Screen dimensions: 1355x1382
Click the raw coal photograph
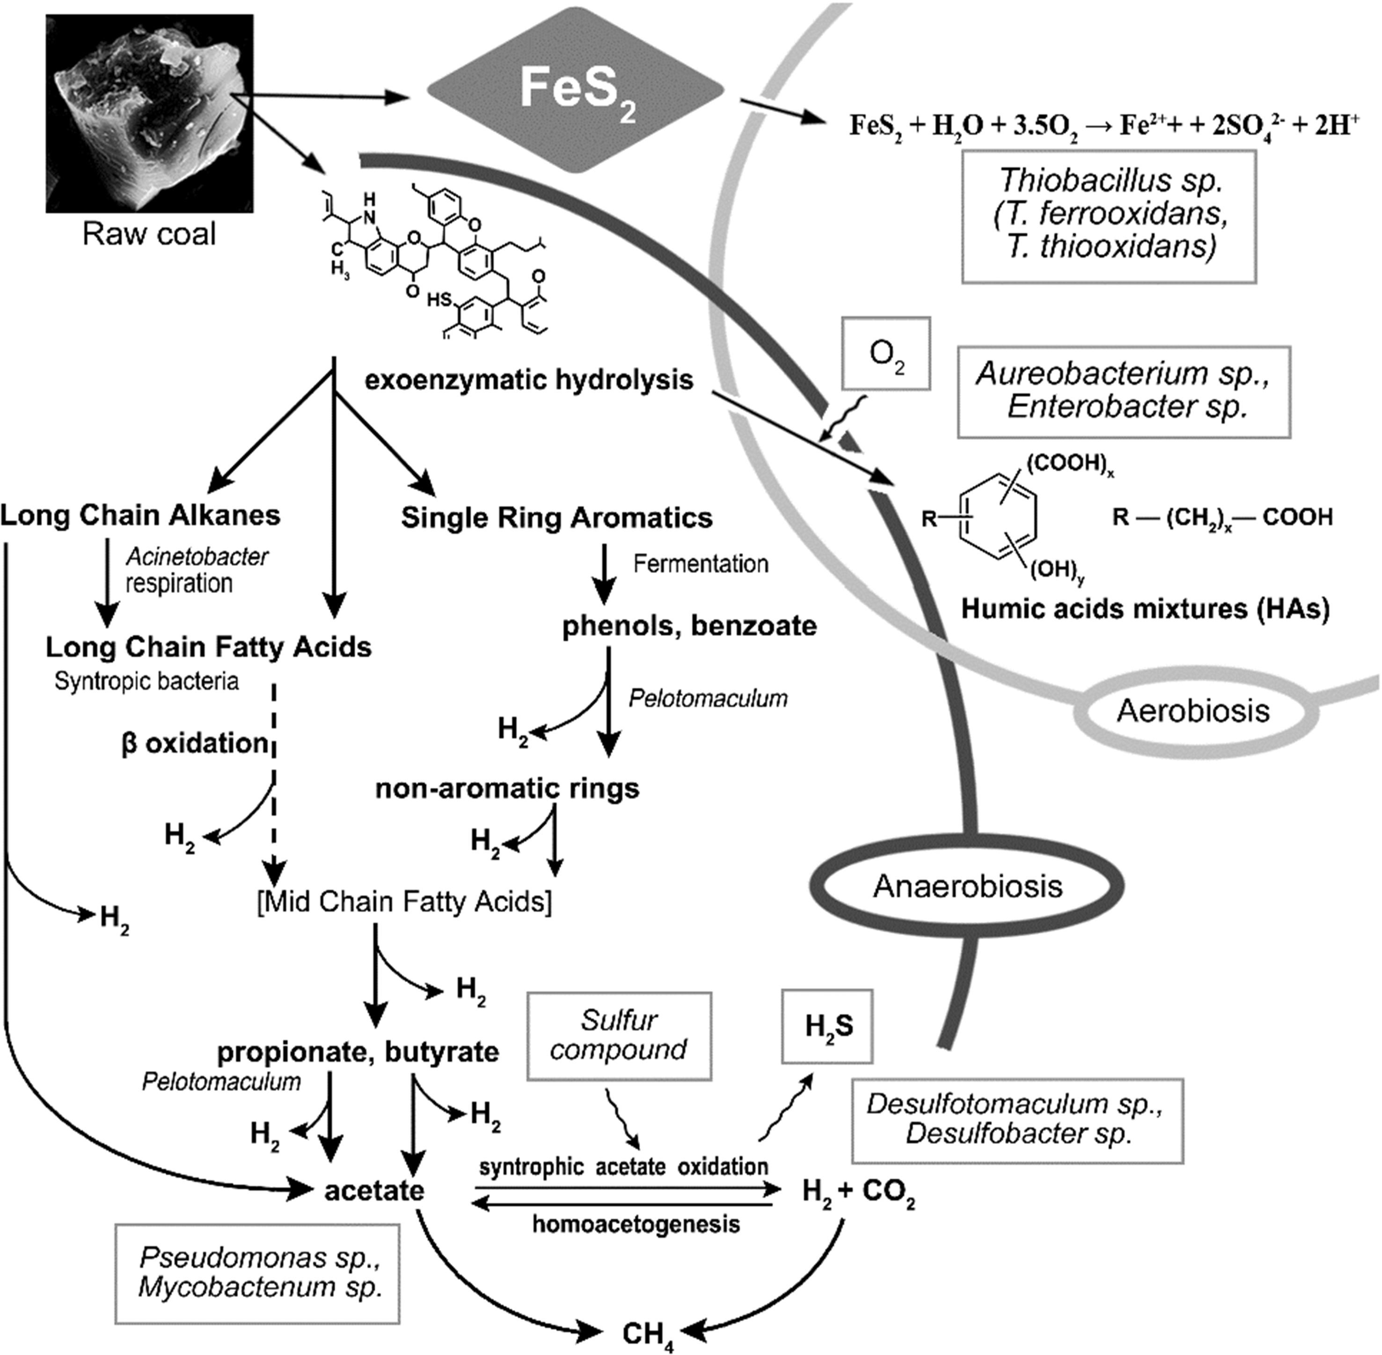(x=149, y=114)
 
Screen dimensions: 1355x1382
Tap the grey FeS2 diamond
(x=575, y=90)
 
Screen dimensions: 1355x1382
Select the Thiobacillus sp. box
(x=1109, y=216)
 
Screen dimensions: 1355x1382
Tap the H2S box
(x=827, y=1026)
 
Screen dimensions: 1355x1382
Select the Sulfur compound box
(x=619, y=1035)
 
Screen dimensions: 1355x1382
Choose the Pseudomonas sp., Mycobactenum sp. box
(x=257, y=1273)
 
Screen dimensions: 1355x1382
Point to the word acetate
(x=374, y=1191)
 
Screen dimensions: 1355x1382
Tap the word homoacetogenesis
(x=636, y=1224)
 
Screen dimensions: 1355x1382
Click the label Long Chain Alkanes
(x=140, y=515)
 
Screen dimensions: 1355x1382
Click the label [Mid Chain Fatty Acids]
(x=404, y=901)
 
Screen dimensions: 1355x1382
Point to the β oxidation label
(x=194, y=743)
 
